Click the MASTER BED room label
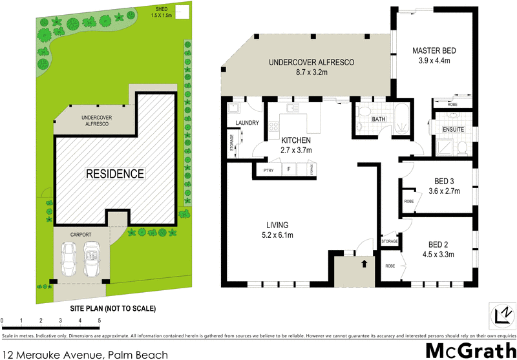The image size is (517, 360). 435,50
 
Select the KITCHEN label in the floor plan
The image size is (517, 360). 296,140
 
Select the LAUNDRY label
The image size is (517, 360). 248,123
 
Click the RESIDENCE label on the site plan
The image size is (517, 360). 116,174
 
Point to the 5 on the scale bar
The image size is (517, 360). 99,321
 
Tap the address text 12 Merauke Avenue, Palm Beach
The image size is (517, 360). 85,354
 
